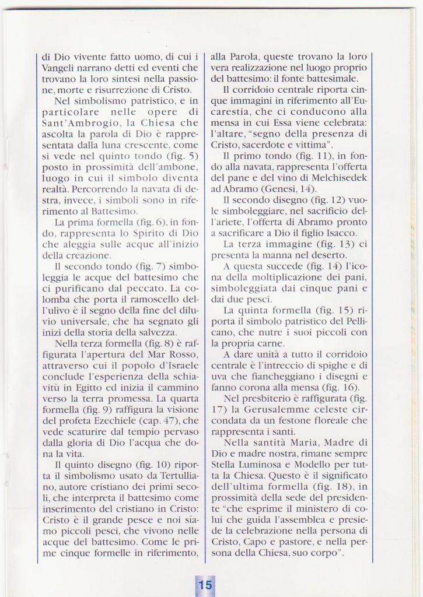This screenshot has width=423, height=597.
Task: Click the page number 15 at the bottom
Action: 205,585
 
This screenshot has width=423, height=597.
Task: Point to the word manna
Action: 279,255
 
